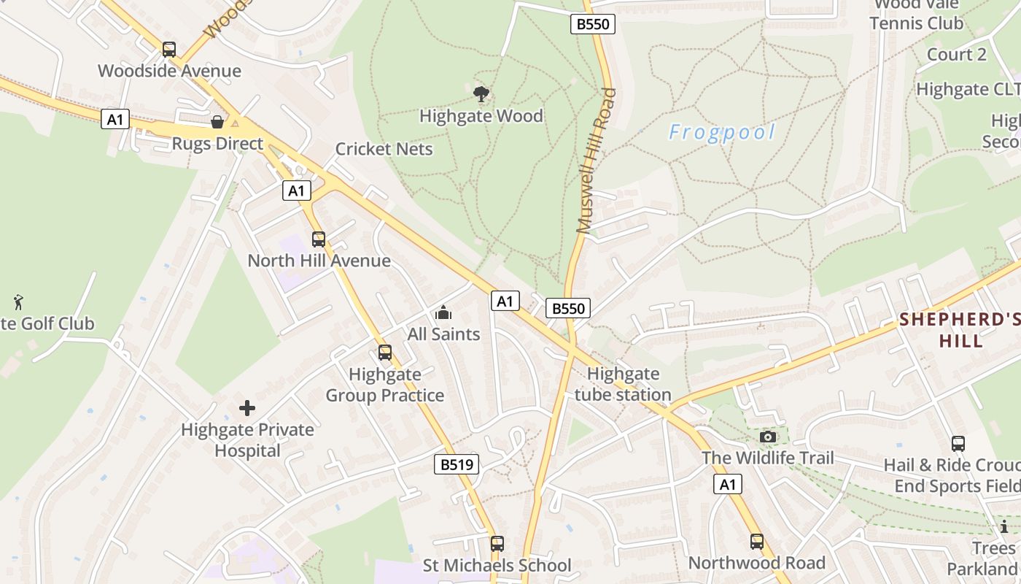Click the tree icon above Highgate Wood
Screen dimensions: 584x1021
[x=481, y=93]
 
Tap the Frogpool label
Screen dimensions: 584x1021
[x=722, y=132]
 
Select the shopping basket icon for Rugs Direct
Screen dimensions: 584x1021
[x=217, y=121]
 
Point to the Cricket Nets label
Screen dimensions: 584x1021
[x=384, y=149]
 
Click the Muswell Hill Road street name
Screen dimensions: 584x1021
[x=597, y=161]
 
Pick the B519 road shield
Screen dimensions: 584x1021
[x=457, y=464]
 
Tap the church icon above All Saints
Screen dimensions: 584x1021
[x=443, y=313]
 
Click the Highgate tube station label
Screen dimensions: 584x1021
[x=623, y=385]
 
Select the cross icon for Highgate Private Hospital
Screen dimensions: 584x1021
[x=247, y=407]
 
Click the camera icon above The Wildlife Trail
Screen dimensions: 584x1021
[x=767, y=437]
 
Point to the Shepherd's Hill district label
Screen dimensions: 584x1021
[x=959, y=330]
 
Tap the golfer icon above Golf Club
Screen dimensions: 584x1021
[x=18, y=301]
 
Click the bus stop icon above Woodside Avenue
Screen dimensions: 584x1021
[x=169, y=49]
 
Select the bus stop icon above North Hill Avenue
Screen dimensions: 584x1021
[x=319, y=239]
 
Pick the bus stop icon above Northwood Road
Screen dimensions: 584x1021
[x=757, y=542]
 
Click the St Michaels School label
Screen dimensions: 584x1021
[x=497, y=565]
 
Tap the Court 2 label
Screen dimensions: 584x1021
[x=956, y=55]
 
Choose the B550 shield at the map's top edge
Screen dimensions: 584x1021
[x=592, y=24]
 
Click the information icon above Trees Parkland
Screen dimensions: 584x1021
[x=1004, y=526]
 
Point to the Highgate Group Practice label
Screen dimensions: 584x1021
[x=384, y=385]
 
